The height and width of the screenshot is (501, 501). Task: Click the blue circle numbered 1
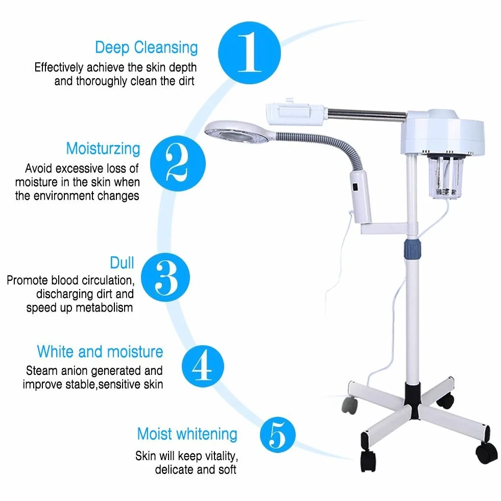[x=249, y=53]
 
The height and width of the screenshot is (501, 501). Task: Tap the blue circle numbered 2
[x=178, y=163]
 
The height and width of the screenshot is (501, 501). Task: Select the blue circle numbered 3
[x=165, y=277]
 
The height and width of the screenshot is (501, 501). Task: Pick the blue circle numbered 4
[x=203, y=366]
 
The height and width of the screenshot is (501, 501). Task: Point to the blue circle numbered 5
[x=278, y=435]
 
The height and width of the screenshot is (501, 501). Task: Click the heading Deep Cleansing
[x=147, y=47]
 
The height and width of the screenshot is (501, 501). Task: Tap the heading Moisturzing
[x=103, y=149]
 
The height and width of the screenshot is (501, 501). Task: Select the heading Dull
[x=122, y=263]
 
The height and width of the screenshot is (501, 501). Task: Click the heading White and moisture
[x=100, y=351]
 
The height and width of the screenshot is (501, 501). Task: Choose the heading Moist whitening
[x=187, y=434]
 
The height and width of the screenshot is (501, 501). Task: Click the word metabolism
[x=104, y=307]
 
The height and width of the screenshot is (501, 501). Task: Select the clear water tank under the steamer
[x=445, y=177]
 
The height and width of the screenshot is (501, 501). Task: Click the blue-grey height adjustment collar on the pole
[x=412, y=249]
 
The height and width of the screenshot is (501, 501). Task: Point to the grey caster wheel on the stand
[x=349, y=405]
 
